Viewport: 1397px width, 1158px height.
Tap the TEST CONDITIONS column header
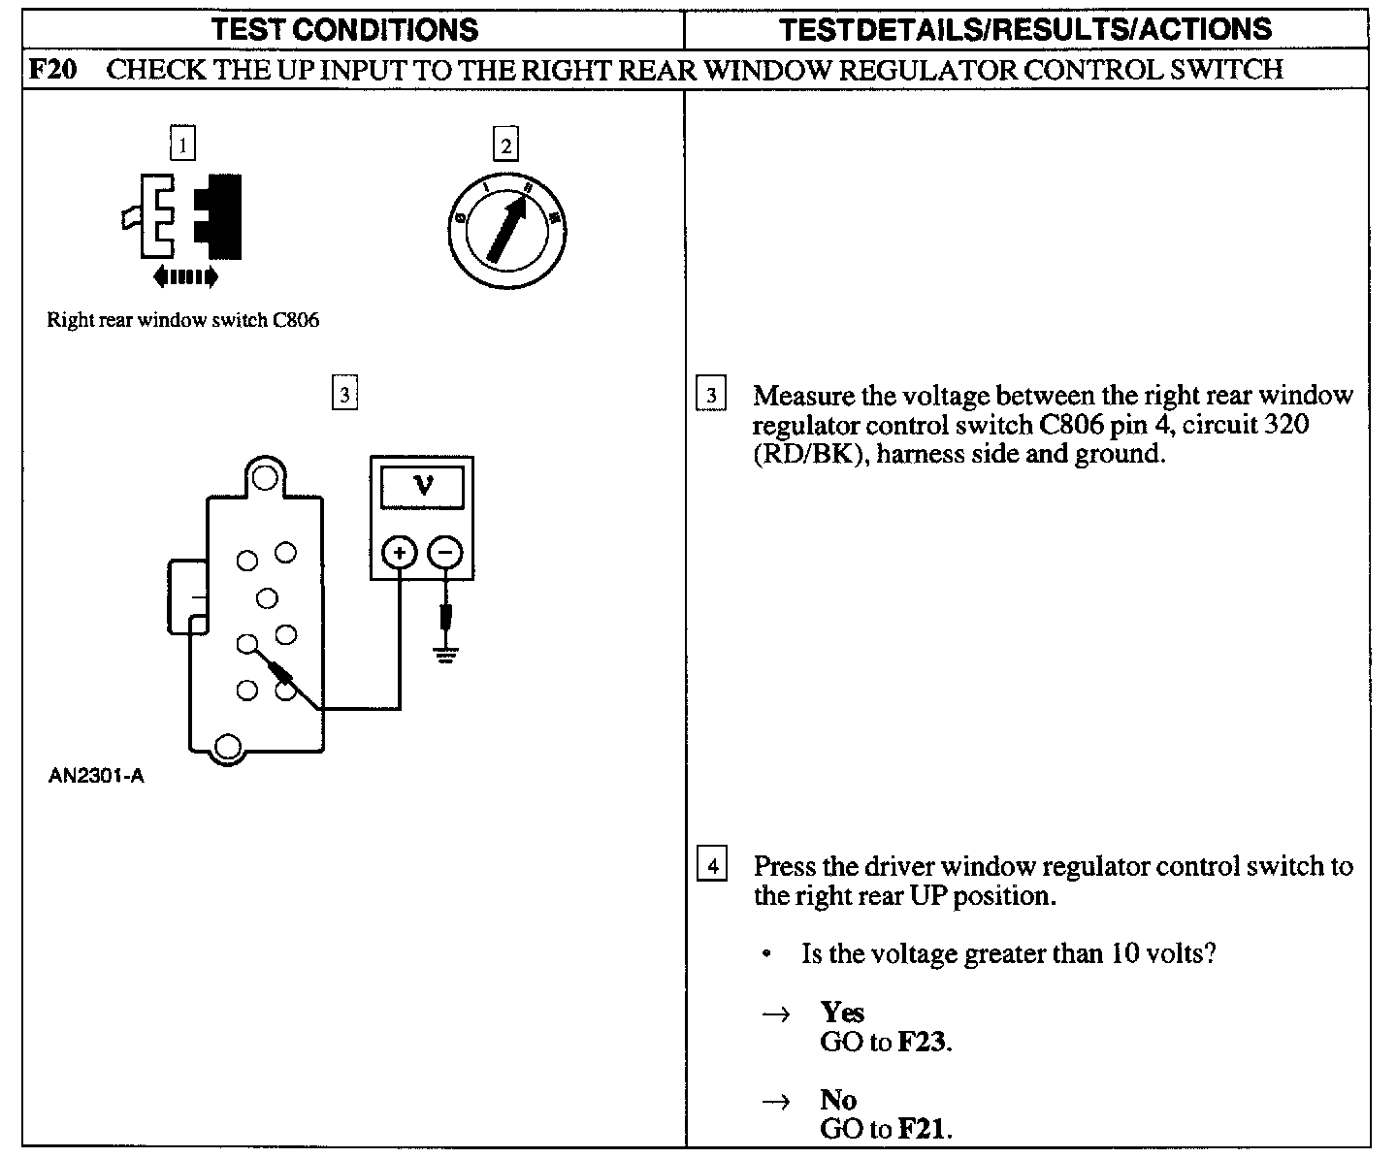point(345,29)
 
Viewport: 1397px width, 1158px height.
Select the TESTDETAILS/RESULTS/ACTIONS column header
point(1025,29)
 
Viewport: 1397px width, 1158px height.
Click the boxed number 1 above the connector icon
point(182,145)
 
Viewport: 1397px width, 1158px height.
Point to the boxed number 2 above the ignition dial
point(505,145)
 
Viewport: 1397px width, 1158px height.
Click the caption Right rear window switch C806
point(182,320)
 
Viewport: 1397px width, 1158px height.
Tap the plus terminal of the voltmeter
point(400,554)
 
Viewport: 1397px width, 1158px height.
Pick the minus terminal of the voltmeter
point(445,554)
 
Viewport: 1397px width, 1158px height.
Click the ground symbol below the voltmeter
point(445,656)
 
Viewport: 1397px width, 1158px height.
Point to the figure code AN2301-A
point(96,776)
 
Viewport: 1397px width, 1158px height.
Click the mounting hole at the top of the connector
point(264,475)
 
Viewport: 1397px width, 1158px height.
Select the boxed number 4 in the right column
point(712,865)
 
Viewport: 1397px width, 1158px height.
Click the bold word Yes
point(841,1013)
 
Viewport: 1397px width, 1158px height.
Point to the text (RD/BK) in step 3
point(808,454)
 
